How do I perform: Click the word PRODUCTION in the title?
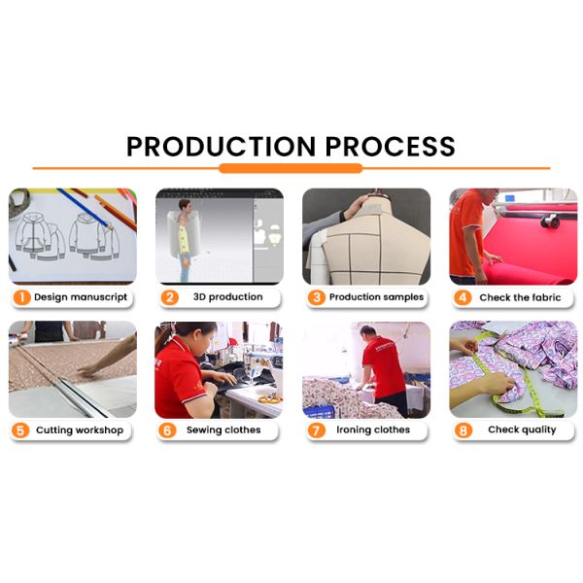coord(221,146)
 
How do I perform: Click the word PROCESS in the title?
coord(391,146)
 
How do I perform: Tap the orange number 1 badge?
coord(22,297)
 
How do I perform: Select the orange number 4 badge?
coord(463,297)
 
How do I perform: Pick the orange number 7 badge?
coord(316,430)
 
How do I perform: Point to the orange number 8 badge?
coord(463,430)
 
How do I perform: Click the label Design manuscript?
coord(81,297)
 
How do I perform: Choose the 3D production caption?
coord(228,297)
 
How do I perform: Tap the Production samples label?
coord(376,297)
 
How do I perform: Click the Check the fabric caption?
coord(520,297)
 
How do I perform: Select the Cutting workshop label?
coord(80,430)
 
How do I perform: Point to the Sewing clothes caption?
coord(223,429)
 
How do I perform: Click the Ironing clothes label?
coord(373,429)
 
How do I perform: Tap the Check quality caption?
coord(522,429)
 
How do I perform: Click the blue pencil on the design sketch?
coord(84,208)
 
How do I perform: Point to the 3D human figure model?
coord(185,240)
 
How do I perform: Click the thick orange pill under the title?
coord(291,168)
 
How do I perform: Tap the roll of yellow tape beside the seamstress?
coord(269,399)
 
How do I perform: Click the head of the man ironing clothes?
coord(367,331)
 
